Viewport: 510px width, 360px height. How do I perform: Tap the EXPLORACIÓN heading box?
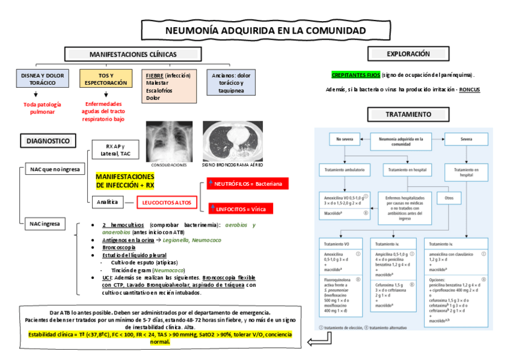click(x=408, y=54)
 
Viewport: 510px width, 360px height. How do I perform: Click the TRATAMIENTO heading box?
click(x=408, y=114)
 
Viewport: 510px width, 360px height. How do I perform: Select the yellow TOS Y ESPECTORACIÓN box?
click(x=106, y=79)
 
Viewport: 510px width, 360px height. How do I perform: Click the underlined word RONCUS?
click(x=470, y=90)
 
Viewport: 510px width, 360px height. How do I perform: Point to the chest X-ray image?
click(x=169, y=141)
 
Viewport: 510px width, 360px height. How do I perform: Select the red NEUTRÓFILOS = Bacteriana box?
click(x=244, y=183)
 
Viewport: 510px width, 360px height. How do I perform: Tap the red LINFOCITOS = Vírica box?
click(x=241, y=209)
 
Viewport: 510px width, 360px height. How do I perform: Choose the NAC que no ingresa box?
click(x=55, y=169)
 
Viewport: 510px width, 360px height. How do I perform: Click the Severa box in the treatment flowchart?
click(x=465, y=139)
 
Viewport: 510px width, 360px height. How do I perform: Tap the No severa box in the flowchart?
click(x=345, y=139)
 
